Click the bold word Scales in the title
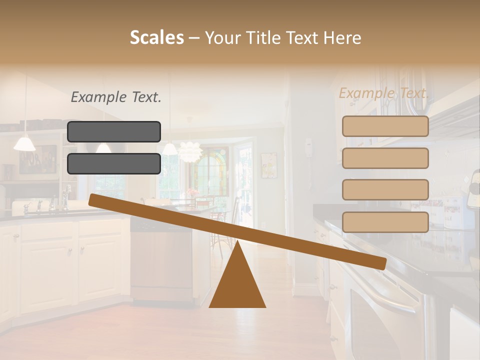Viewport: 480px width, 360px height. click(x=156, y=38)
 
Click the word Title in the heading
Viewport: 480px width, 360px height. click(x=265, y=38)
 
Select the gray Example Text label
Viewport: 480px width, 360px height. click(x=116, y=97)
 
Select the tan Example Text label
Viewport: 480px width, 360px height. click(x=383, y=93)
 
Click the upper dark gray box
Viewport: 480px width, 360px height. click(x=114, y=132)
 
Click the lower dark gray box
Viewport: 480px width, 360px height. click(x=114, y=163)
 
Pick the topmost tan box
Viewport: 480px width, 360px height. click(x=385, y=126)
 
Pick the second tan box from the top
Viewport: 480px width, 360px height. click(x=385, y=158)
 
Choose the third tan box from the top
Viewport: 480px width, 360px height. click(x=385, y=190)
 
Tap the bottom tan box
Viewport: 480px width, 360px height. click(x=385, y=222)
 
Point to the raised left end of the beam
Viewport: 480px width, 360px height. click(x=95, y=199)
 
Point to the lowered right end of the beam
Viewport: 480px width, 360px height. click(x=380, y=263)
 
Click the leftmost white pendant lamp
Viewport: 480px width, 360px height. click(x=24, y=143)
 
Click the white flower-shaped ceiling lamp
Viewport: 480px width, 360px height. click(x=189, y=151)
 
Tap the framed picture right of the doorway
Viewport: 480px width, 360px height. click(x=268, y=165)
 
